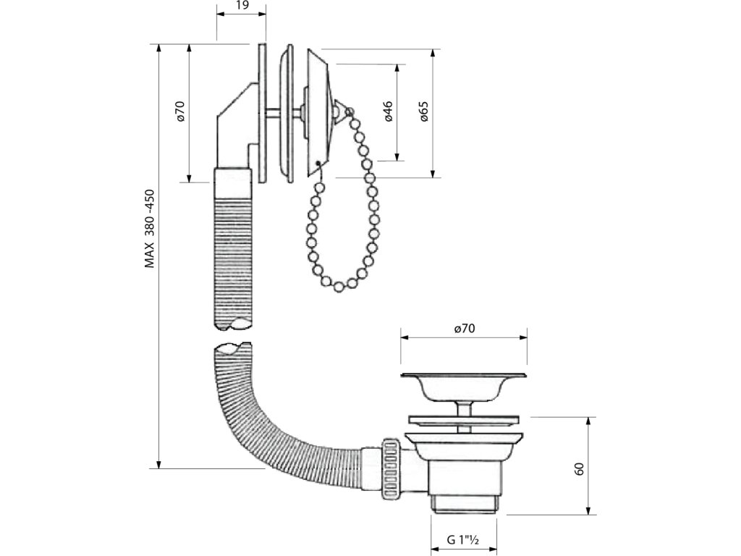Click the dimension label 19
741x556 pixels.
click(x=242, y=7)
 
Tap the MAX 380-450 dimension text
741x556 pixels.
click(x=150, y=229)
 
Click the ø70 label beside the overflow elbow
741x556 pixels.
click(x=180, y=111)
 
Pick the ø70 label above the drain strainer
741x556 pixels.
click(x=464, y=328)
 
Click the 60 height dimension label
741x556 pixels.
click(x=579, y=468)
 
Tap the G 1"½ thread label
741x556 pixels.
click(x=463, y=539)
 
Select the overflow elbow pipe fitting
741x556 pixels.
click(x=232, y=130)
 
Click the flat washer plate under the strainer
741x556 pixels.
click(x=463, y=419)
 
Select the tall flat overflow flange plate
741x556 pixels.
click(x=261, y=112)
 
